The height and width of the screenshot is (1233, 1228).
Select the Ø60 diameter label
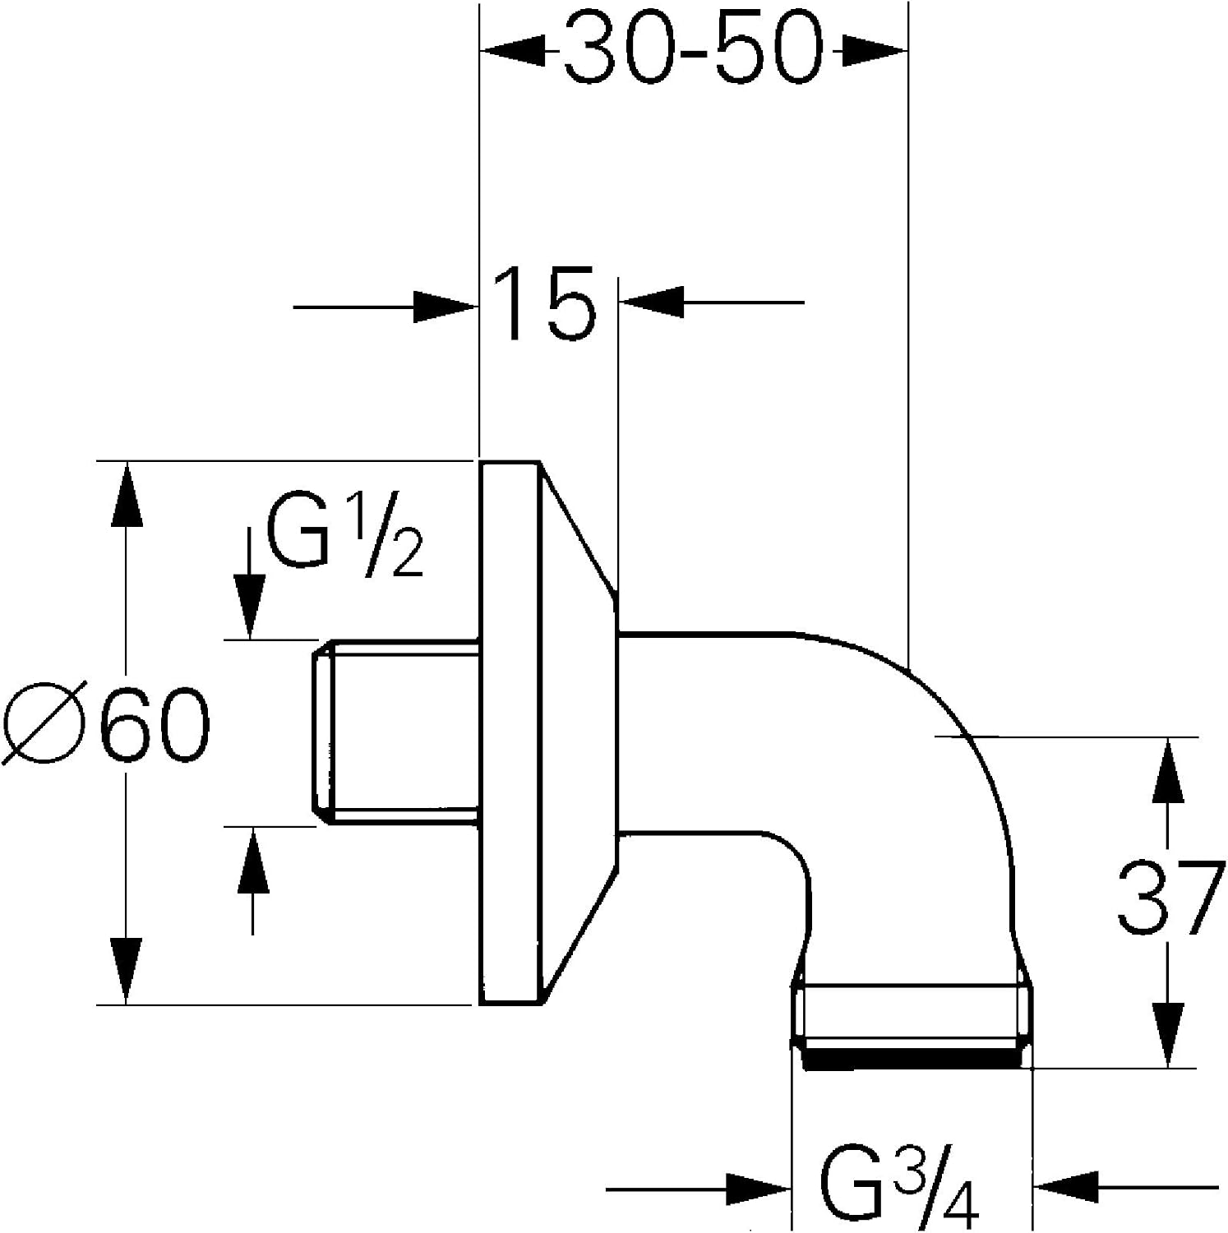coord(106,725)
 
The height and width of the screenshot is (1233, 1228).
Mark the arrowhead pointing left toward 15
coord(651,302)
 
